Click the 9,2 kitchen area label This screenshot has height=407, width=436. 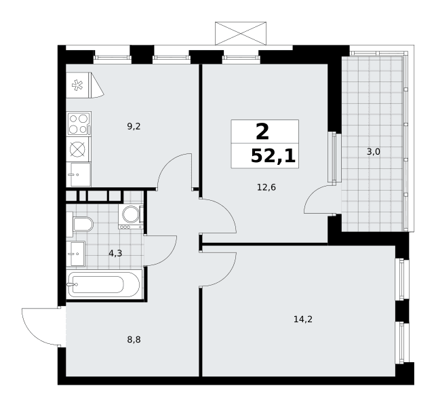coord(134,127)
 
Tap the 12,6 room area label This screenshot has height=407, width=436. coord(266,187)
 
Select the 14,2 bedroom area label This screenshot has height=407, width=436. coord(303,319)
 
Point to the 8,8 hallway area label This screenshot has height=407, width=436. coord(134,339)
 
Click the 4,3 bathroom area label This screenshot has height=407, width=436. coord(115,253)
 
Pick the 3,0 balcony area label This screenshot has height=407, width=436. coord(374,152)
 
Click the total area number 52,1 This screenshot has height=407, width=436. coord(273,156)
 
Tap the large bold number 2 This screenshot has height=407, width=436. coord(262,132)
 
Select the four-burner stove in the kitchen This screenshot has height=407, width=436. coord(79,124)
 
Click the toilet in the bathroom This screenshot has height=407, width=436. coord(80,225)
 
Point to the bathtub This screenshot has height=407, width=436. coord(104,284)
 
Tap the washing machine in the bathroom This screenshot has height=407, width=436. coord(131,216)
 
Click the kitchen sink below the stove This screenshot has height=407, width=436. coord(79,174)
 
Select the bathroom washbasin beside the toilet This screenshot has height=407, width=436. coord(76,254)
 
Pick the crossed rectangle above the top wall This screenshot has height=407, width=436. coord(241,33)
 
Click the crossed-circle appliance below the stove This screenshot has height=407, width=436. coord(77,149)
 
